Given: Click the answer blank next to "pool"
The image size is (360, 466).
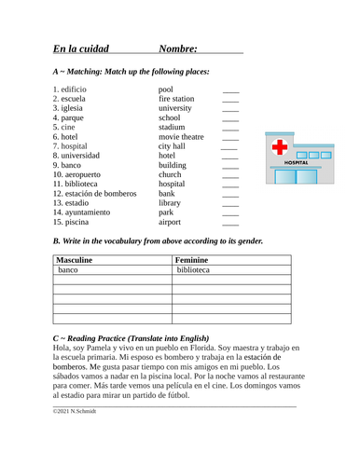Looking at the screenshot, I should coord(230,90).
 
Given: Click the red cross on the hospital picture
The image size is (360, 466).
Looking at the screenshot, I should coord(280,147).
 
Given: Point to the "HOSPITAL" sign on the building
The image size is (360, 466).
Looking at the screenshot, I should coord(296,162).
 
